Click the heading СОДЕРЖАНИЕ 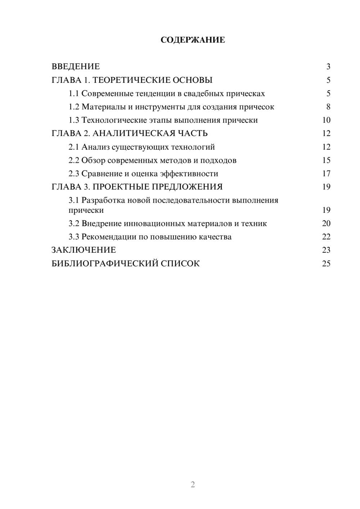tap(193, 40)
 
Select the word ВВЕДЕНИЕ tap(76, 67)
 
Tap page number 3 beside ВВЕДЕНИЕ tap(328, 67)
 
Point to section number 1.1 tap(73, 94)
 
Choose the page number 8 tap(328, 107)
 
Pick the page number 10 tap(326, 120)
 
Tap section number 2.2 tap(73, 161)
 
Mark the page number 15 tap(326, 161)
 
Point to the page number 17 tap(326, 174)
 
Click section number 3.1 tap(73, 201)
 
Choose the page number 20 tap(326, 224)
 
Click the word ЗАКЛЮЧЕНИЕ tap(84, 250)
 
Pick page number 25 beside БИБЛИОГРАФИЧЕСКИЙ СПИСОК tap(326, 263)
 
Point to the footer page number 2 tap(193, 485)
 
